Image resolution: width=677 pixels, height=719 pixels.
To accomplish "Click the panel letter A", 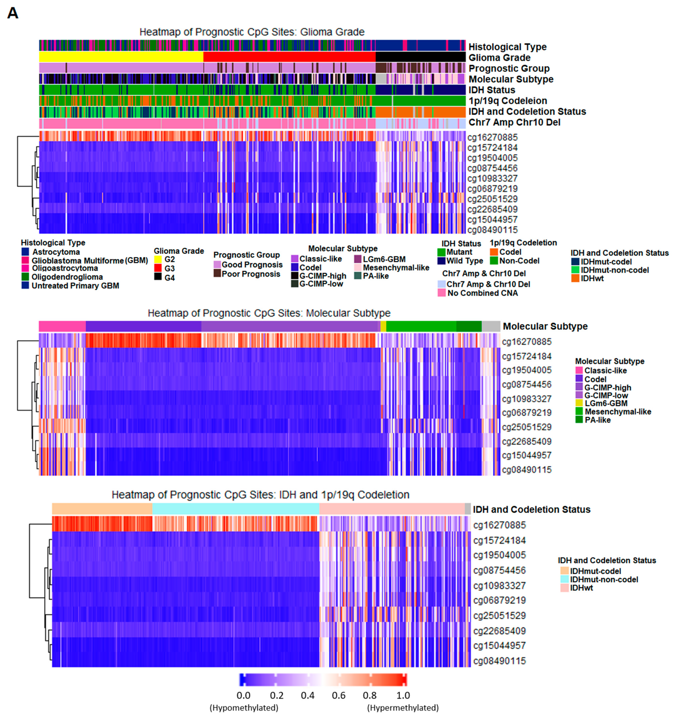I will tap(13, 14).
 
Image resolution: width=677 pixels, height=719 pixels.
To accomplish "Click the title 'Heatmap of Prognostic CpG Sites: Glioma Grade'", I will tap(252, 32).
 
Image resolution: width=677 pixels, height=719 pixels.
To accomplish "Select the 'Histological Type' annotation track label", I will tap(507, 47).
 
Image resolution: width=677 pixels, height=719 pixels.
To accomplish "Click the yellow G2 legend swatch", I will tap(158, 259).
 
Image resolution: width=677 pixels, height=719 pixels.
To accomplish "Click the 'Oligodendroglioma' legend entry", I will tap(67, 277).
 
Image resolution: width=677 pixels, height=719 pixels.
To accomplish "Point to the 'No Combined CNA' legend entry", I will tap(482, 293).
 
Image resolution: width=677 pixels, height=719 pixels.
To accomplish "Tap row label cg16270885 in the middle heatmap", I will tap(526, 342).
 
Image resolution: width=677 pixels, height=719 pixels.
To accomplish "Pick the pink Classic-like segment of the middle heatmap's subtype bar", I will tap(62, 326).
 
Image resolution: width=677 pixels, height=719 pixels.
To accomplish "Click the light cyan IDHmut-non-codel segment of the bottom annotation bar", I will tap(236, 509).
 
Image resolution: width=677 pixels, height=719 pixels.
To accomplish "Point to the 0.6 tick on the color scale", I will tap(338, 695).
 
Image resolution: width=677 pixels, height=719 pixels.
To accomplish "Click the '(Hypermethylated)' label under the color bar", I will tap(403, 708).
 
